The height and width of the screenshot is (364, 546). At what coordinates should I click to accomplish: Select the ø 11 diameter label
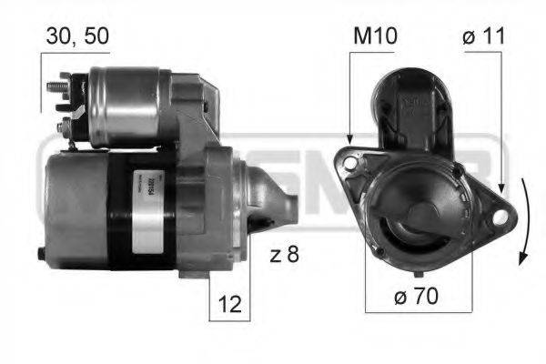point(483,36)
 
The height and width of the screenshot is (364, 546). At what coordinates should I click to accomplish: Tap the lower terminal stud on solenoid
point(62,122)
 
